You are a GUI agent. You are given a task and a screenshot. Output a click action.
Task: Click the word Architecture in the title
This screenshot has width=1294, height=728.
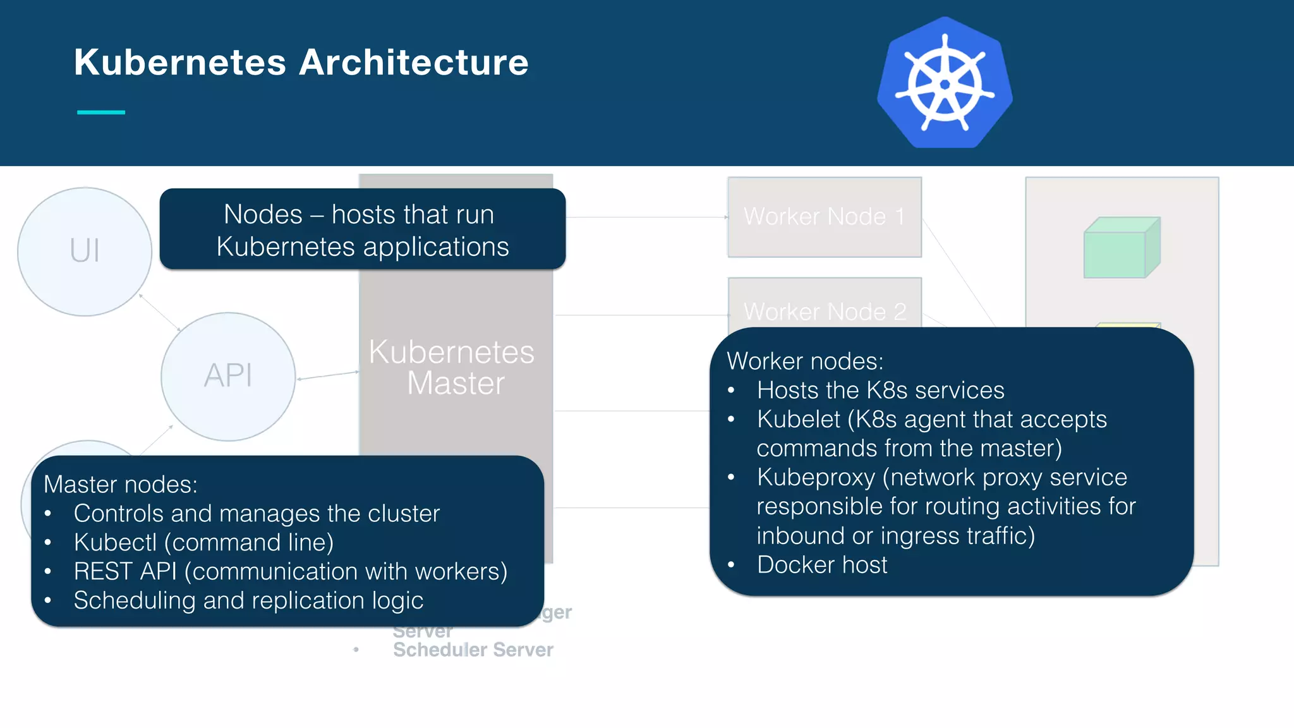click(x=414, y=63)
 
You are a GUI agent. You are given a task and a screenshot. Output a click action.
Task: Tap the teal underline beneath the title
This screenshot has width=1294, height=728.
click(x=101, y=112)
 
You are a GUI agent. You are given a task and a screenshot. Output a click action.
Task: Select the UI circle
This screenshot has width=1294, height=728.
click(x=84, y=251)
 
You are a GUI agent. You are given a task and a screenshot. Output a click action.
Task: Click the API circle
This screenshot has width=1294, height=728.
click(x=228, y=376)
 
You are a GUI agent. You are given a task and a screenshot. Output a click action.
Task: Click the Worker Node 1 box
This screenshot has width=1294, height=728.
click(x=824, y=217)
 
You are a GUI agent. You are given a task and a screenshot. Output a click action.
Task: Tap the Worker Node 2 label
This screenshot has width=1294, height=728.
click(x=825, y=312)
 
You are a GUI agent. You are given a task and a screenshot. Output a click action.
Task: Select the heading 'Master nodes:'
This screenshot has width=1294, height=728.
click(x=121, y=485)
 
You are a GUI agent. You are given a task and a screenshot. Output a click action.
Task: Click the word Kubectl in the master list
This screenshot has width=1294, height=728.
click(x=115, y=543)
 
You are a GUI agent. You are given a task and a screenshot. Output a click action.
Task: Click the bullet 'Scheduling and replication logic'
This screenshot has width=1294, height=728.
click(x=248, y=600)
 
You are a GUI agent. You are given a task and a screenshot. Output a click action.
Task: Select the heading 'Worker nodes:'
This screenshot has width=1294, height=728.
click(x=805, y=361)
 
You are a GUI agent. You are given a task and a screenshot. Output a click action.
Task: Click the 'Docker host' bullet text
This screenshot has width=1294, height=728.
click(x=822, y=565)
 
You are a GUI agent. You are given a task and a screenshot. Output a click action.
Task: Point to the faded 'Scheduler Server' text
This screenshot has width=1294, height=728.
click(x=473, y=650)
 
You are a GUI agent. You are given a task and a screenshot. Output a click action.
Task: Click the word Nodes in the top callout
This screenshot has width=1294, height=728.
click(x=263, y=214)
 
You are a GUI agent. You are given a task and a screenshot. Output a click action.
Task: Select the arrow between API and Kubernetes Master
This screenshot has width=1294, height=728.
click(x=328, y=375)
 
